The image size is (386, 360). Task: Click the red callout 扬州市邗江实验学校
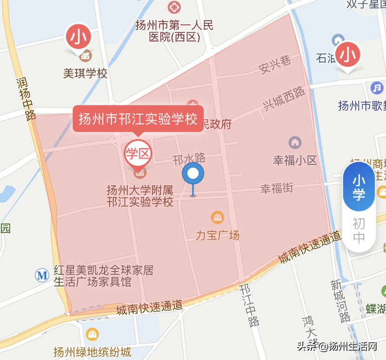(x=138, y=119)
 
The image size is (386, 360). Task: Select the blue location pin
(x=193, y=175)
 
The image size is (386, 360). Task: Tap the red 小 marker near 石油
(x=348, y=54)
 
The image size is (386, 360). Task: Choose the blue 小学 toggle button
(x=359, y=187)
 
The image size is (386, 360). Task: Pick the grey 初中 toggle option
(x=359, y=231)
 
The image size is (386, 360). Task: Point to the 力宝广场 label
(x=217, y=235)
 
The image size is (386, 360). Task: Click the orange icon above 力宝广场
(x=217, y=217)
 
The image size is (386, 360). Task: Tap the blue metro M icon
(x=42, y=275)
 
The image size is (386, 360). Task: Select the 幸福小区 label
(x=295, y=161)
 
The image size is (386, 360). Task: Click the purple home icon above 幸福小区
(x=295, y=142)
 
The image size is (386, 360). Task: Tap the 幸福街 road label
(x=276, y=189)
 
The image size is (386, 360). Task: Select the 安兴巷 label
(x=275, y=65)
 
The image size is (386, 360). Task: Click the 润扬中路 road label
(x=25, y=98)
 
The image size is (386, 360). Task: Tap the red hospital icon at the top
(x=173, y=7)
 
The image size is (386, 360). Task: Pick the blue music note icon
(x=377, y=88)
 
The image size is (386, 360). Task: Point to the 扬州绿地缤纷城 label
(x=92, y=352)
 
